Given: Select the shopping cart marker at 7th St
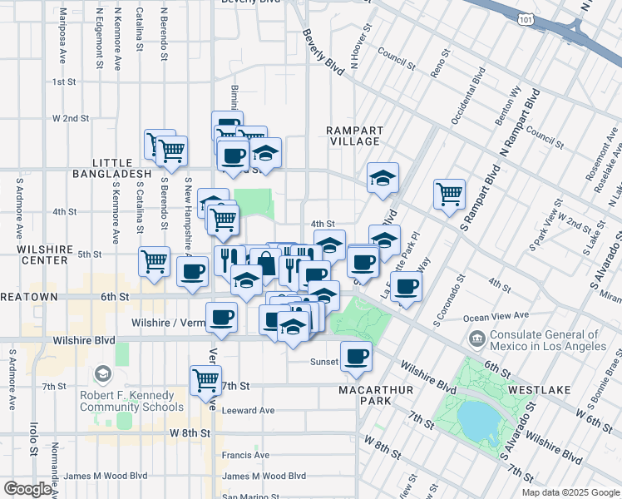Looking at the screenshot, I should click(x=205, y=381).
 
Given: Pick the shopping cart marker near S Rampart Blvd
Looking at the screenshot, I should click(x=449, y=193).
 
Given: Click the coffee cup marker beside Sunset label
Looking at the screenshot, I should click(x=357, y=355).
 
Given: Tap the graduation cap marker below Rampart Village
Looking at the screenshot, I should click(x=383, y=177).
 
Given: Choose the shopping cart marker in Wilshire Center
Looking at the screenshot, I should click(x=155, y=261).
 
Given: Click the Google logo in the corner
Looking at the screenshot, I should click(x=27, y=488).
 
